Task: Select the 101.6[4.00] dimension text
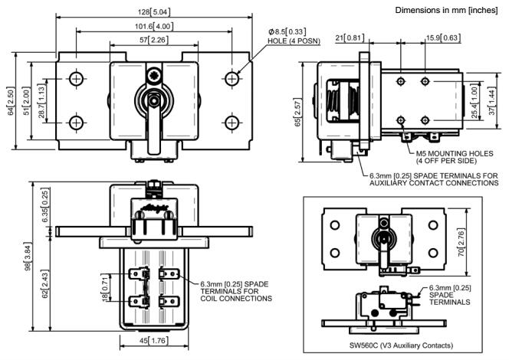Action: coord(155,26)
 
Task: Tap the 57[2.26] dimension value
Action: coord(154,40)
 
